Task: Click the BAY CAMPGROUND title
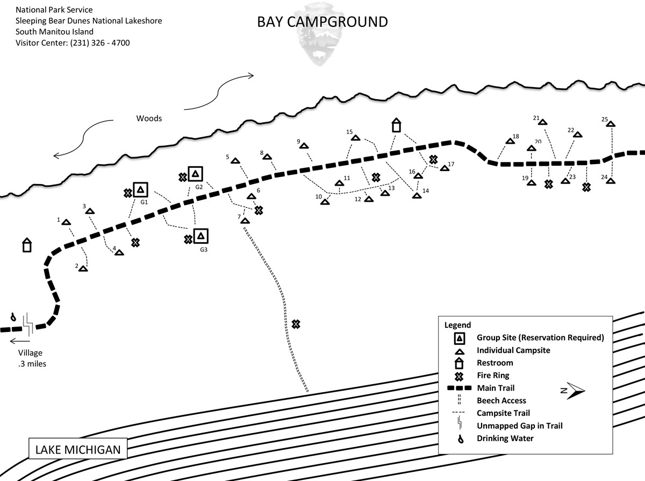(322, 22)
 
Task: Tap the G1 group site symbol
(141, 189)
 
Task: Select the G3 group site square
(201, 236)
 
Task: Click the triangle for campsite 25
(610, 124)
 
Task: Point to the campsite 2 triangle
(83, 268)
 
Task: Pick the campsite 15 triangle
(355, 138)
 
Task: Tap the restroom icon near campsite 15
(396, 125)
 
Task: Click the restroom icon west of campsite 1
(26, 245)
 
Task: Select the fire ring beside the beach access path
(295, 324)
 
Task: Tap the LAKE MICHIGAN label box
(78, 449)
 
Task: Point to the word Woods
(149, 118)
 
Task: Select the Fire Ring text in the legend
(493, 376)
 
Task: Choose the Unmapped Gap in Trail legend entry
(519, 426)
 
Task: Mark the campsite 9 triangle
(304, 146)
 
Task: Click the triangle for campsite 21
(542, 122)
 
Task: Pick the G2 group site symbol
(196, 173)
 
